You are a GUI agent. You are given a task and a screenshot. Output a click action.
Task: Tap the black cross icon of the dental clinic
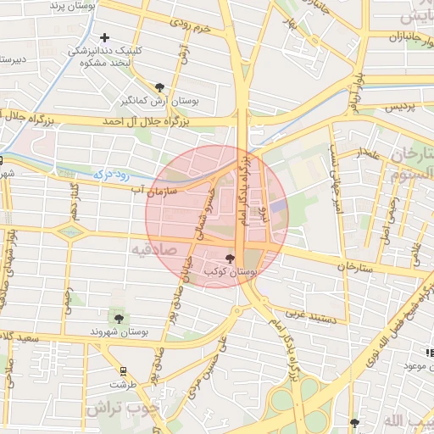click(104, 37)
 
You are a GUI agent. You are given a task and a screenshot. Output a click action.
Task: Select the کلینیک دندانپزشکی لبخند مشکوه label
click(106, 58)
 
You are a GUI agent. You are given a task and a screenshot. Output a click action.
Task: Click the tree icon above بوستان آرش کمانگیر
click(160, 86)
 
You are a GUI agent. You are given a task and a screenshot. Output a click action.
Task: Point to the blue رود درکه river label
click(110, 175)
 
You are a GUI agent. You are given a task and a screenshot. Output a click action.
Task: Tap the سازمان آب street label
click(153, 192)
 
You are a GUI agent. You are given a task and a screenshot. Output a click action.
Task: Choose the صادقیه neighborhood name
click(153, 248)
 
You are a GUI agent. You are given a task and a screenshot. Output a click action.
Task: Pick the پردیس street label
click(401, 107)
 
